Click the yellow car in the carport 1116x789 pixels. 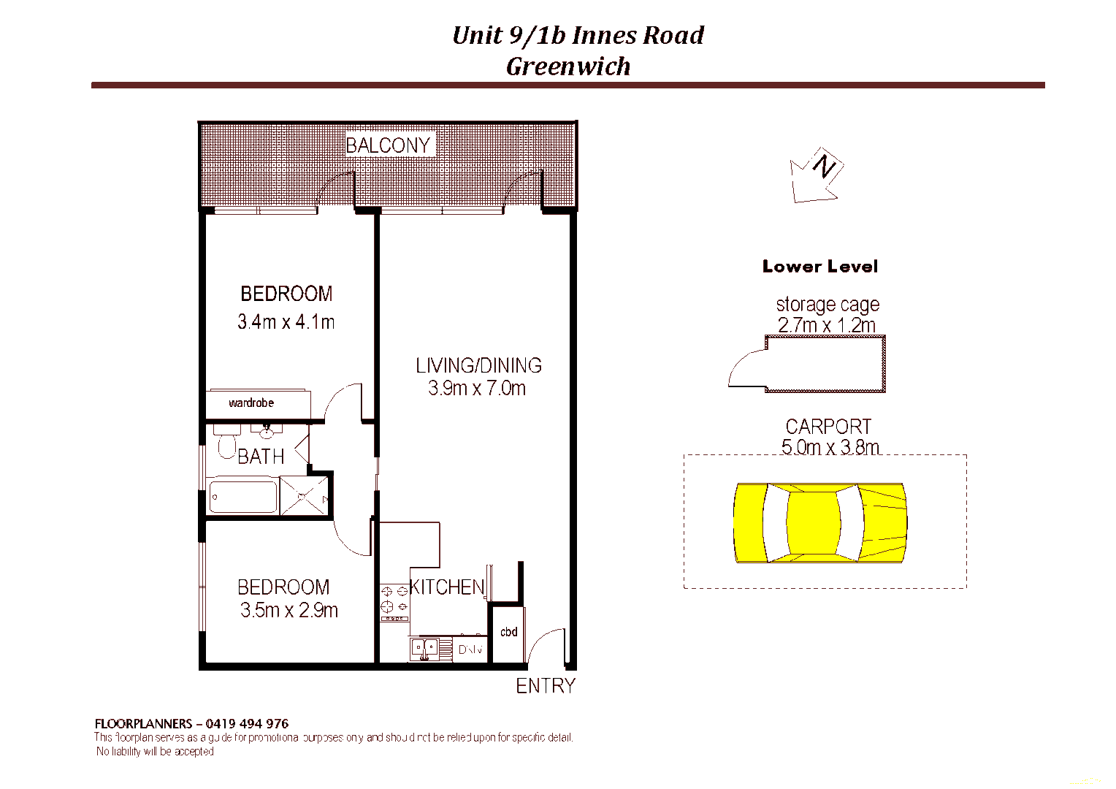coord(819,523)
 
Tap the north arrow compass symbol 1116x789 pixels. coord(817,175)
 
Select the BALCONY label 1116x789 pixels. coord(388,145)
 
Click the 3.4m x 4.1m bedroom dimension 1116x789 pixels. coord(286,321)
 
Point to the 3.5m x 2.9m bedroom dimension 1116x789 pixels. coord(288,611)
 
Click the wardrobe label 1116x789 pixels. coord(251,403)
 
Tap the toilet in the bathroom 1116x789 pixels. coord(227,443)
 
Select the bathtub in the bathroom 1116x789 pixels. coord(242,498)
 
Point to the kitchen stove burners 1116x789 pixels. coord(394,599)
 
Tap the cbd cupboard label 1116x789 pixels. coord(508,632)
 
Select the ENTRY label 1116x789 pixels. coord(546,686)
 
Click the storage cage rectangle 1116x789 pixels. coord(825,364)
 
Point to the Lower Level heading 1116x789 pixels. coord(819,267)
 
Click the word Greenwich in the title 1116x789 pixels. coord(568,66)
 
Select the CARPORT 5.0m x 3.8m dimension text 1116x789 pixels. coord(830,447)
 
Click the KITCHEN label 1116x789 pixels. coord(447,587)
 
